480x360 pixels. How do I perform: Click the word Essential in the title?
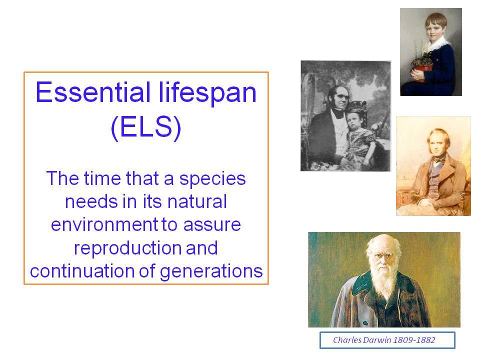tap(93, 92)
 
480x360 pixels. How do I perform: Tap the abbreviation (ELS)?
tap(146, 127)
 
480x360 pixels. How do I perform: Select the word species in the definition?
tap(212, 179)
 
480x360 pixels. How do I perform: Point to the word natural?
tap(197, 201)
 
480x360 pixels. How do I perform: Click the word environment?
tap(104, 224)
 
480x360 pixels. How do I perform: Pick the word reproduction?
tap(128, 248)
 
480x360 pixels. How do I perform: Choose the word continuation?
tap(82, 271)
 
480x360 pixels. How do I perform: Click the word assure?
tap(212, 225)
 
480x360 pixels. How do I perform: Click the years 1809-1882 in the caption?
tap(414, 340)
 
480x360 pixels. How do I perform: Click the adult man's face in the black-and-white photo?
tap(339, 98)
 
